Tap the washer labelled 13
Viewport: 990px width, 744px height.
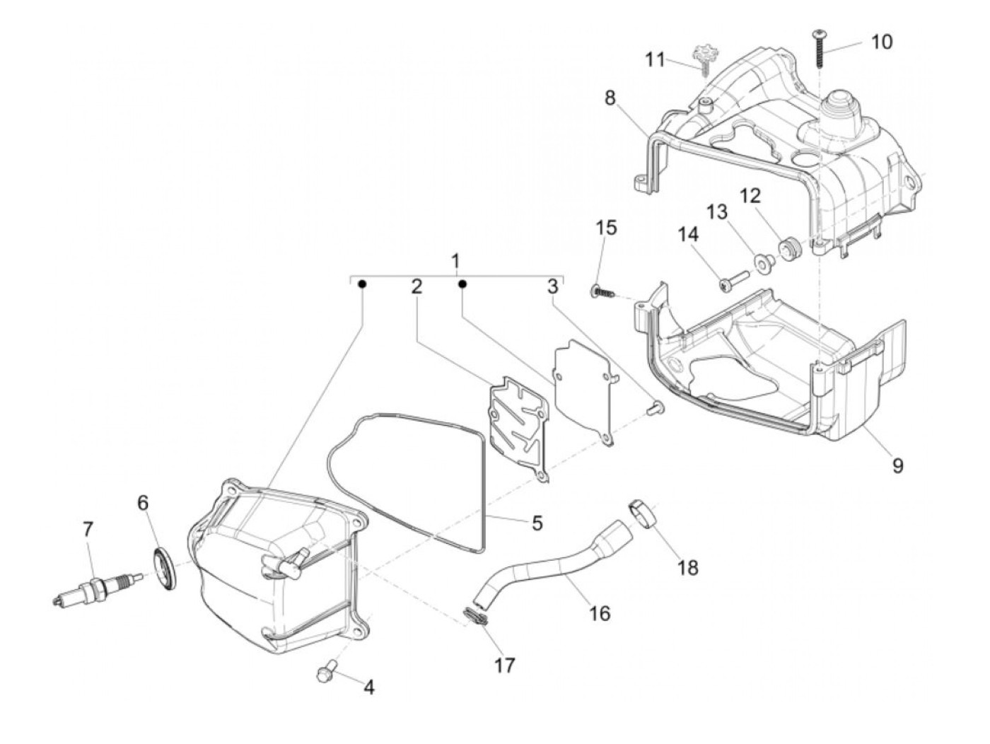pos(763,265)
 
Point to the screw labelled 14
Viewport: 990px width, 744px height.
pos(733,281)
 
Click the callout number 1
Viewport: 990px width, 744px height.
pos(456,260)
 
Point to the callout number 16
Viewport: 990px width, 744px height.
pos(599,612)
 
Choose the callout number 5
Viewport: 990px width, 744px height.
pos(537,523)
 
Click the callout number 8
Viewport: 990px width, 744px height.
pos(610,99)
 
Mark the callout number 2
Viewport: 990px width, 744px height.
pos(417,286)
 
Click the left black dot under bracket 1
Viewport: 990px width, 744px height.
pos(362,284)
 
